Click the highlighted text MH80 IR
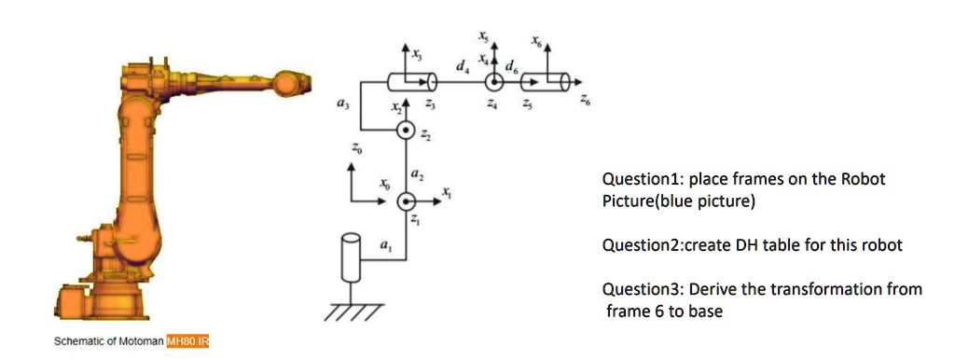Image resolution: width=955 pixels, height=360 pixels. [187, 342]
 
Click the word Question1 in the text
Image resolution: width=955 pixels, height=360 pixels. [636, 179]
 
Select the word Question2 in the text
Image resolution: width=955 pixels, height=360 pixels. [636, 245]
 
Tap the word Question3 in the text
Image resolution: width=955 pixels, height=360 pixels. [636, 289]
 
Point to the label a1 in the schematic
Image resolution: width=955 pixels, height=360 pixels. [384, 244]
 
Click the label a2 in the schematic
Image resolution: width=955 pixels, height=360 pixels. [416, 175]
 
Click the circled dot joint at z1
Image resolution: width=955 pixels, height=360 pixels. [406, 201]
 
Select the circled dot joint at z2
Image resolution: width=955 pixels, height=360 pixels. [406, 131]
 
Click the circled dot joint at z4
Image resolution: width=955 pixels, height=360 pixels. [494, 83]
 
